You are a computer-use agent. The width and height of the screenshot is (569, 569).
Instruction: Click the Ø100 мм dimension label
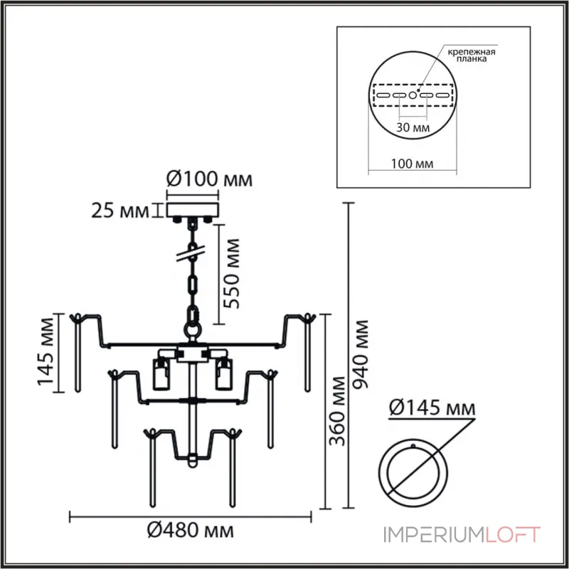[x=209, y=179]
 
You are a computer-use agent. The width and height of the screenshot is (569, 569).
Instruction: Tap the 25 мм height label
[x=120, y=211]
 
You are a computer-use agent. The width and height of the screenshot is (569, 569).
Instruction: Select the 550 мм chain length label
[x=232, y=274]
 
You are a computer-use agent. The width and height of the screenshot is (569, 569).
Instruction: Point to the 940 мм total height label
[x=361, y=354]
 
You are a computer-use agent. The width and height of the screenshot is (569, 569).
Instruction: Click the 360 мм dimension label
[x=337, y=411]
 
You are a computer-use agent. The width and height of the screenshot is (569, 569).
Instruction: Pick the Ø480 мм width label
[x=190, y=531]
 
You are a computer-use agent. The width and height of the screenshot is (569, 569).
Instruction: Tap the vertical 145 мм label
[x=46, y=351]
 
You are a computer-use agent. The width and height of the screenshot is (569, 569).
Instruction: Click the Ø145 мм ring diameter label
[x=432, y=408]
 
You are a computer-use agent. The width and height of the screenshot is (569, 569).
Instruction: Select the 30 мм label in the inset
[x=413, y=127]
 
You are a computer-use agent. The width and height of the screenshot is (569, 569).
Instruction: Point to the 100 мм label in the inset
[x=412, y=164]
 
